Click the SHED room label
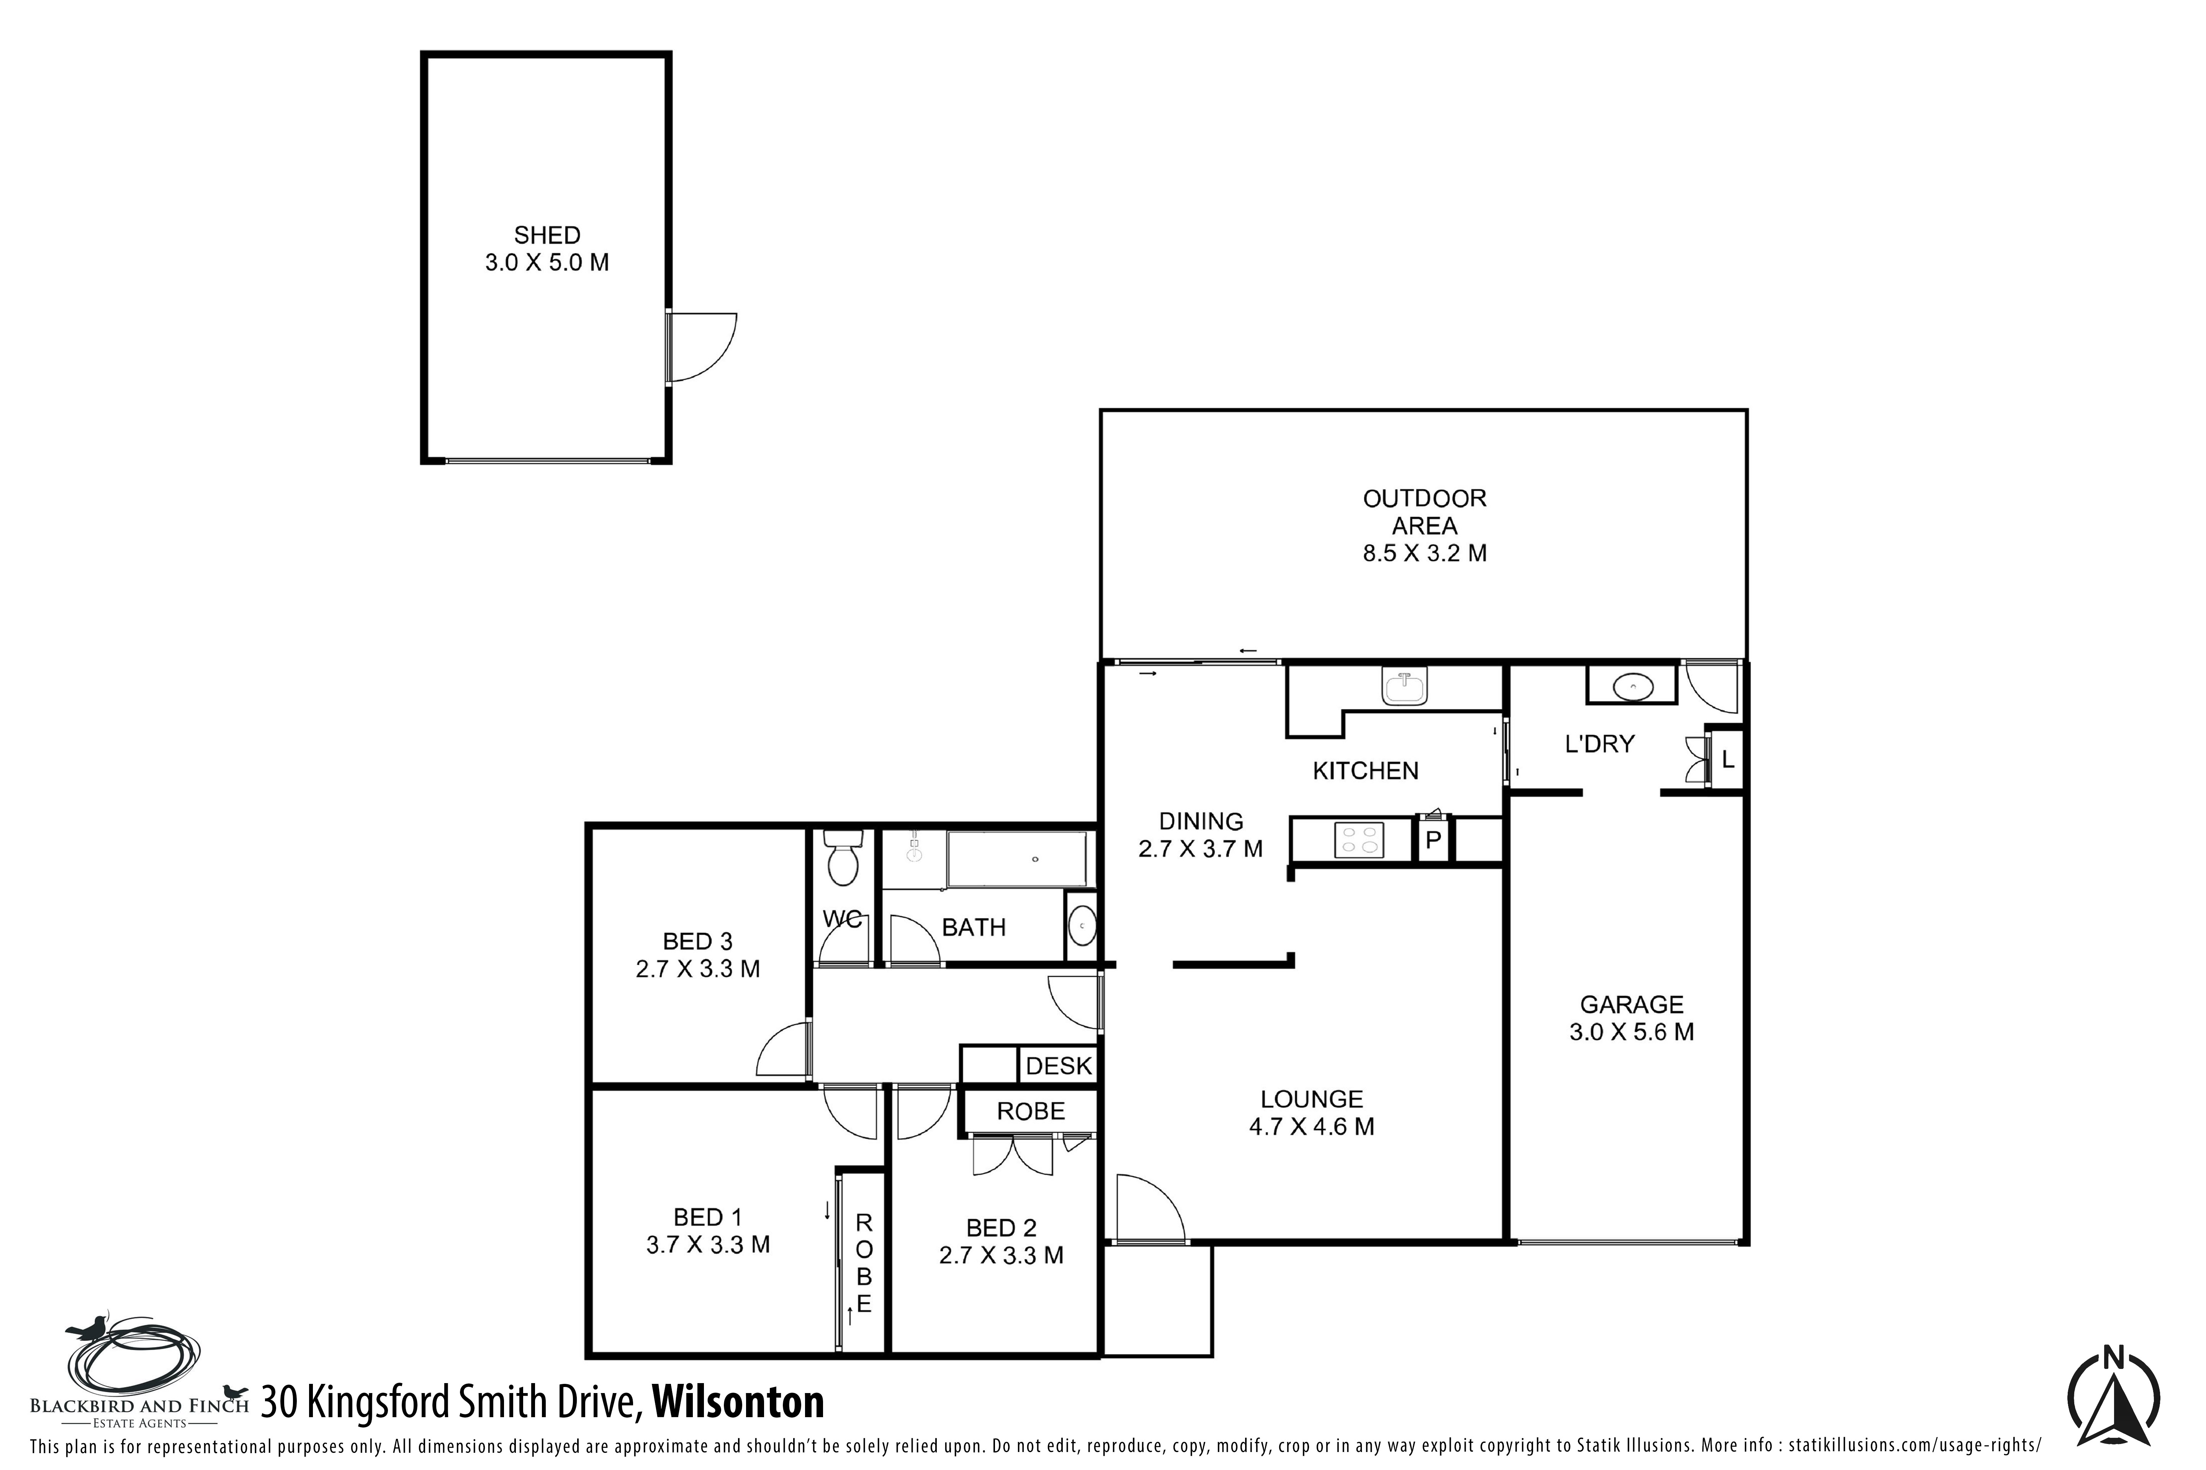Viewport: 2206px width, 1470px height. coord(547,235)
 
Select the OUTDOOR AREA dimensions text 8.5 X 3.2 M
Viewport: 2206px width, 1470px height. coord(1425,553)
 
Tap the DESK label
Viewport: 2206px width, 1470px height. coord(1059,1066)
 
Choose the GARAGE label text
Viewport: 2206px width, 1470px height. coord(1632,1005)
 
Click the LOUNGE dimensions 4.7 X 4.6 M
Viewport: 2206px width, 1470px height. coord(1311,1127)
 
